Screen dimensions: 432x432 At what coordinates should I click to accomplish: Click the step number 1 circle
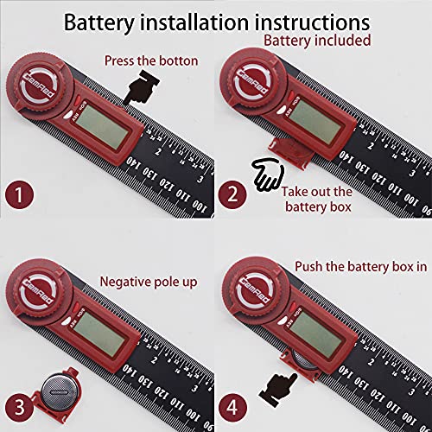click(x=20, y=194)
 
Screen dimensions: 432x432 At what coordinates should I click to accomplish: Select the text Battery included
click(x=317, y=40)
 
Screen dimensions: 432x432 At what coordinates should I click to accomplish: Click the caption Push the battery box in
click(x=361, y=268)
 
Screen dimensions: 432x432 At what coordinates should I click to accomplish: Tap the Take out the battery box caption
click(x=319, y=200)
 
